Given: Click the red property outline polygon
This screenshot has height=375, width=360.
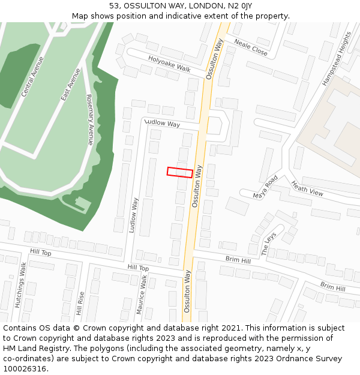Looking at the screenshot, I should click(x=180, y=172).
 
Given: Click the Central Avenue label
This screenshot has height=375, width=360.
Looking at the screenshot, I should click(x=32, y=76).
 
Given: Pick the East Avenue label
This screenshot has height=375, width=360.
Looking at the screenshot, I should click(x=70, y=84).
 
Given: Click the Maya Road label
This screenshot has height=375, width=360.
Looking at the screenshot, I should click(x=265, y=187).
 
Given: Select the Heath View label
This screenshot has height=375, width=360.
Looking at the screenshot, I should click(x=307, y=188).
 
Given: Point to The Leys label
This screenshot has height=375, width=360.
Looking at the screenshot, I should click(x=268, y=244).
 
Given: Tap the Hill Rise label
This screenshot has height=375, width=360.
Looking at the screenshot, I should click(x=80, y=303).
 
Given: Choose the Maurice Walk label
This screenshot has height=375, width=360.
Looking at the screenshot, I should click(x=143, y=295).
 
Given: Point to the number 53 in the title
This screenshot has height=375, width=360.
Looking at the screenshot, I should click(x=114, y=5).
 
